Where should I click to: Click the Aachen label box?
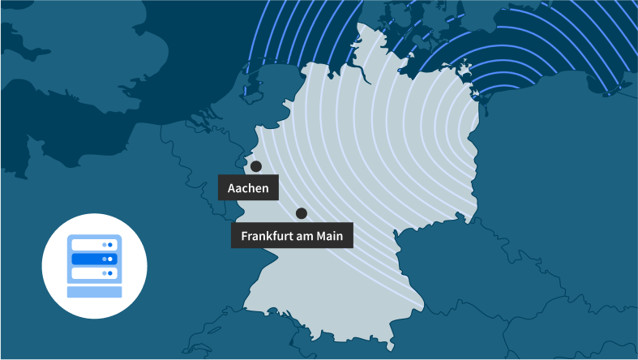click(248, 188)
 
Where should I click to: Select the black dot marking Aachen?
click(256, 166)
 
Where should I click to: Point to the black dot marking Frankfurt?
click(302, 213)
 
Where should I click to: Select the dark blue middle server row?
click(94, 259)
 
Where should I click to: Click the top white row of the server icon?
click(94, 244)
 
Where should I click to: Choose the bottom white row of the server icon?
click(94, 273)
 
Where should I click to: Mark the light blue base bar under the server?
click(94, 290)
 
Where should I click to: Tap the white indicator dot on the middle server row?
click(110, 259)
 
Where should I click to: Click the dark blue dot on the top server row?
click(110, 244)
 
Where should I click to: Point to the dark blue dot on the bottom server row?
click(110, 273)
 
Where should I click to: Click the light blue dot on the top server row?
click(104, 244)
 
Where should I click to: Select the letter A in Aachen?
click(232, 189)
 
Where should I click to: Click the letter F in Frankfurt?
click(244, 236)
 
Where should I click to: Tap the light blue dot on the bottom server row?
click(104, 273)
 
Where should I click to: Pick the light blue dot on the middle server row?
click(104, 259)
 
